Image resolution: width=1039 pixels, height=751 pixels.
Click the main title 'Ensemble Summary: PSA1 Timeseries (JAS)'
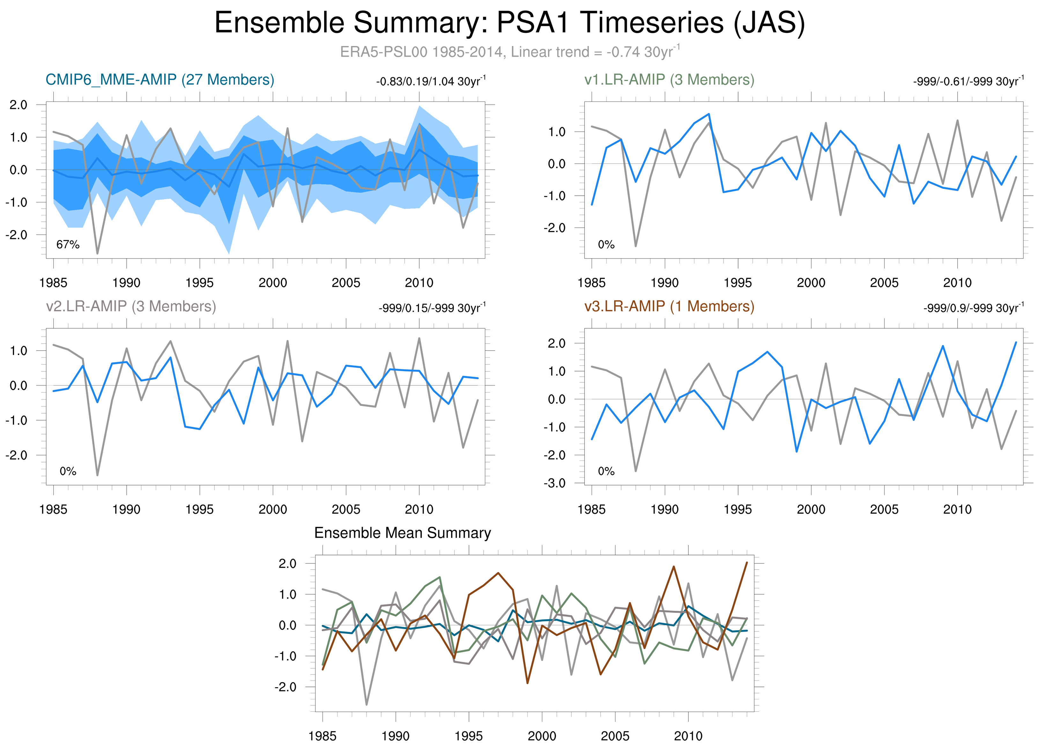509,23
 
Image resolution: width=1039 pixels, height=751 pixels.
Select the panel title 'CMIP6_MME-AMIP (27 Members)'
160,80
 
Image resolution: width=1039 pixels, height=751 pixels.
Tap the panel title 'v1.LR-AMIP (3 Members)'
669,80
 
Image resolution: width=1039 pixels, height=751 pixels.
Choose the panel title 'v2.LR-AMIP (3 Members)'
131,306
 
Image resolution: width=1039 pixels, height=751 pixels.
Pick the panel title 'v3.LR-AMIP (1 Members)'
669,306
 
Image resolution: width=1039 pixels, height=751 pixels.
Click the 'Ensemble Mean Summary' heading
402,533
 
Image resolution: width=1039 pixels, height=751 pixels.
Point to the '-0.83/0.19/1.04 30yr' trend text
431,82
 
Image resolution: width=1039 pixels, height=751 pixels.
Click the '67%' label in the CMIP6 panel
68,245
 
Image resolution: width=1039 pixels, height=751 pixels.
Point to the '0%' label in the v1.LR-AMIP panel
606,245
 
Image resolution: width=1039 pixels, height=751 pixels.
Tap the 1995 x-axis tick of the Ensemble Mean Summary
468,736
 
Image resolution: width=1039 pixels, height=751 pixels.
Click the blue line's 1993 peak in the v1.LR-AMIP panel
709,114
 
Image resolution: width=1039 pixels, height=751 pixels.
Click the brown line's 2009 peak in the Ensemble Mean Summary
673,567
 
